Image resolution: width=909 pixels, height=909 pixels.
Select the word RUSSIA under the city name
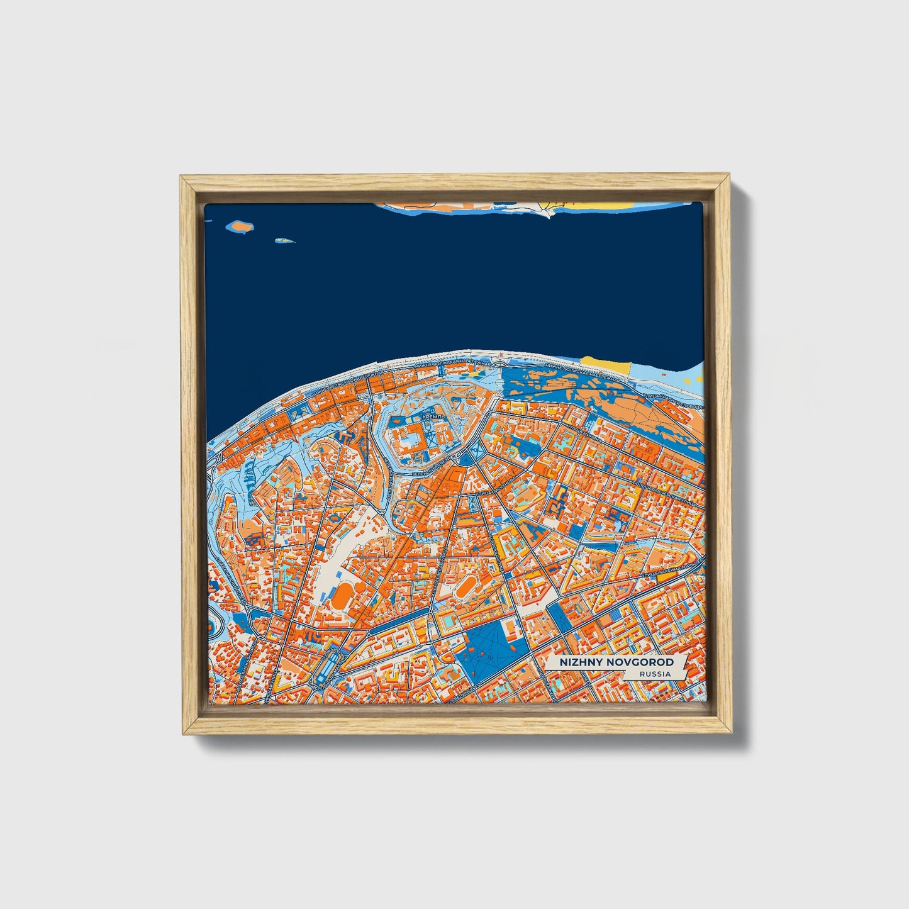tap(654, 674)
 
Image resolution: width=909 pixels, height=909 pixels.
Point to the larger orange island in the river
tap(240, 225)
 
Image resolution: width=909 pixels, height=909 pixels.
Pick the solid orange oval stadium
tap(343, 595)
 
